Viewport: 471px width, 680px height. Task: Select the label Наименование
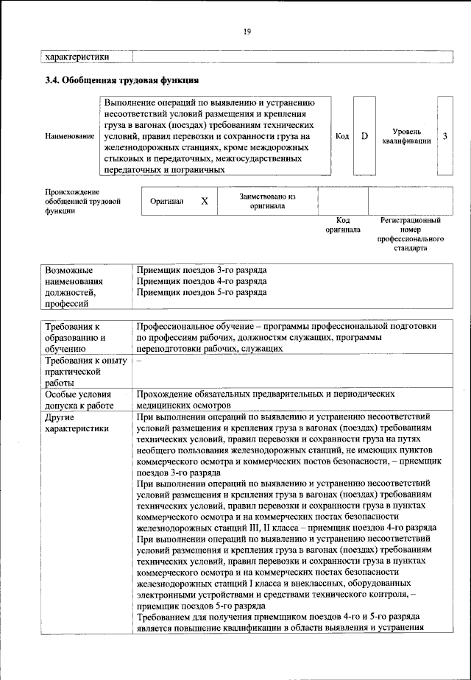(x=69, y=137)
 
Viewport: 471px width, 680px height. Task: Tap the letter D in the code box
(x=364, y=136)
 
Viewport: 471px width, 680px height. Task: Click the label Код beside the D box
(x=342, y=136)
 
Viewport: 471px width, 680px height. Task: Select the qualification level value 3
(x=445, y=136)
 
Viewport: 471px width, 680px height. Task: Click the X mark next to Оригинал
(x=205, y=200)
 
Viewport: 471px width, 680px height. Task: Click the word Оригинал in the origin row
(x=166, y=200)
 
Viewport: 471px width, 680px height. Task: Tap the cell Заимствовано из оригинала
(x=266, y=201)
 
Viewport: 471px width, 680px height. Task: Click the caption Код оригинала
(x=342, y=224)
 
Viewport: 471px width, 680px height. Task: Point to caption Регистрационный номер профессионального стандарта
(x=411, y=234)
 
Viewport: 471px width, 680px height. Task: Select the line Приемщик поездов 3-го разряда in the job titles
(x=202, y=270)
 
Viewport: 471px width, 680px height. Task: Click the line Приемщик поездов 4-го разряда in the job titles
(x=202, y=281)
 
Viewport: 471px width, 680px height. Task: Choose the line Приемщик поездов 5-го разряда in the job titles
(x=202, y=292)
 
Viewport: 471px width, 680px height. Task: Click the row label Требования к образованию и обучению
(x=77, y=336)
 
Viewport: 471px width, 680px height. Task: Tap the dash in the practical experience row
(x=139, y=360)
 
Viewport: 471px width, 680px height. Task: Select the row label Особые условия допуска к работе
(x=81, y=400)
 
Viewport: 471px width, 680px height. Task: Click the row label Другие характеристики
(x=77, y=422)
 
